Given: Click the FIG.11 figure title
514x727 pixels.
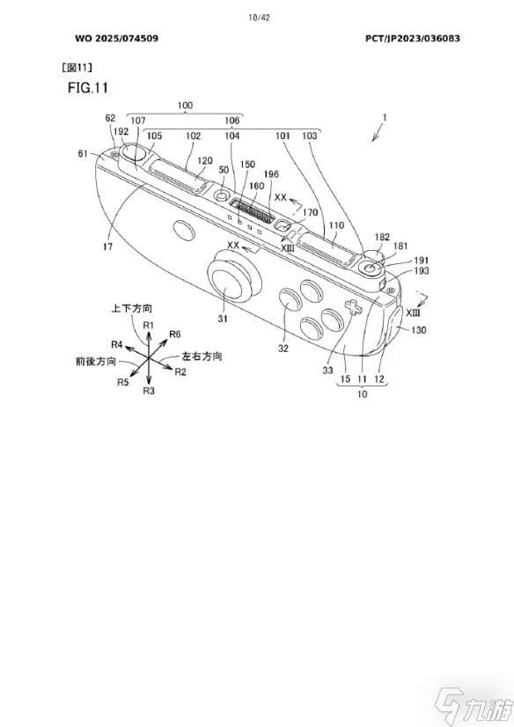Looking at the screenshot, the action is [88, 88].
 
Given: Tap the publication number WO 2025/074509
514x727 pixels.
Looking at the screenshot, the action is [116, 39].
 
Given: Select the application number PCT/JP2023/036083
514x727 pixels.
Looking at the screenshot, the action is [413, 39].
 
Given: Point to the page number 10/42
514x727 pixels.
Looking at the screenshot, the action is [259, 18].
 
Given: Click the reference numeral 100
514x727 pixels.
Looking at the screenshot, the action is [185, 106].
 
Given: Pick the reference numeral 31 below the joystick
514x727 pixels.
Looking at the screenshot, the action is [223, 319].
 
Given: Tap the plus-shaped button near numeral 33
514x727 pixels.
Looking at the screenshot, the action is [352, 306].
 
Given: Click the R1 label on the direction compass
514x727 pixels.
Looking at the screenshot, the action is [149, 325].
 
